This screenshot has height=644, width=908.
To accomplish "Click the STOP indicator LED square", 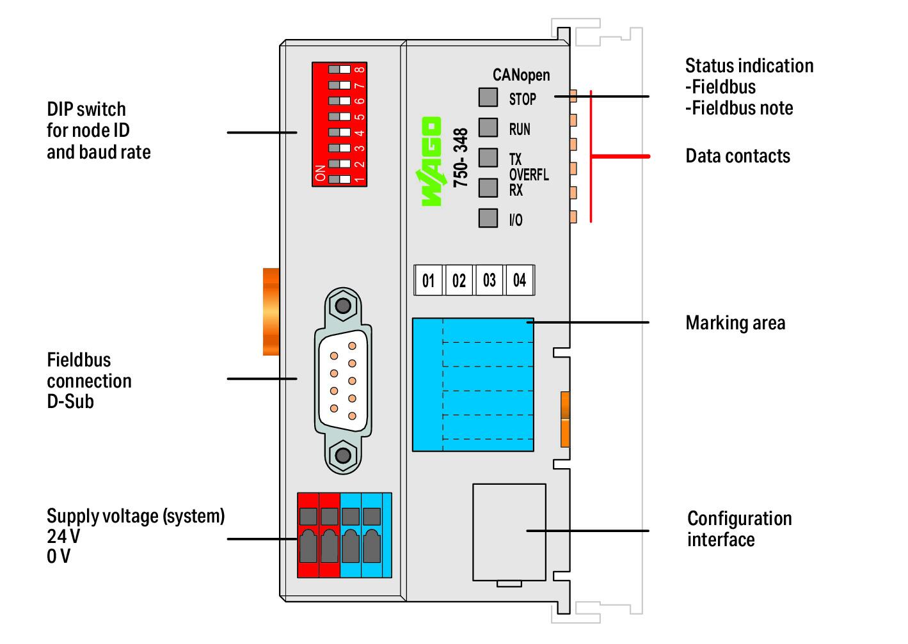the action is coord(488,97).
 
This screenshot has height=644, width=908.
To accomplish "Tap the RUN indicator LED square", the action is coord(488,128).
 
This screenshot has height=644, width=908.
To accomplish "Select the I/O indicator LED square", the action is coord(488,218).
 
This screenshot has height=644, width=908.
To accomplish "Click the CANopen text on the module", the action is coord(522,75).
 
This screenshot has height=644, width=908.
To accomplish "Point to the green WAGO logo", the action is coord(431,162).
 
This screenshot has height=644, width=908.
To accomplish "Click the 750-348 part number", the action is coord(461,157).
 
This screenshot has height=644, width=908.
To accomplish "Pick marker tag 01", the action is coord(429,280).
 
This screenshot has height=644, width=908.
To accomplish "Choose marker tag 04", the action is coord(520,280).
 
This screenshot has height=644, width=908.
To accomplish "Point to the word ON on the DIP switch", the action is coord(320,173).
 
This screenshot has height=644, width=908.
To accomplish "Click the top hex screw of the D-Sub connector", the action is coord(344,306).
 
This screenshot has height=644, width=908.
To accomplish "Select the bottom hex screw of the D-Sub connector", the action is coord(344,455).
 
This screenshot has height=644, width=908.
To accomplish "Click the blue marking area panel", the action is coord(473,385).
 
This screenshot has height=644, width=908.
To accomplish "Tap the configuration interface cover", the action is coord(509,532).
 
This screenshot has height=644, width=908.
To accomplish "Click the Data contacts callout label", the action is coord(738,156).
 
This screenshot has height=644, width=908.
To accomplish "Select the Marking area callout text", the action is coord(735,323).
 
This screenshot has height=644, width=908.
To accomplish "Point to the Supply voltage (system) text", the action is coord(136,517).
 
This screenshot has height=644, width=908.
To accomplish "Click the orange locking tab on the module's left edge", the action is coord(271,312).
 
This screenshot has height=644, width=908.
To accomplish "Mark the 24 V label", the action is coord(63,537).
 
